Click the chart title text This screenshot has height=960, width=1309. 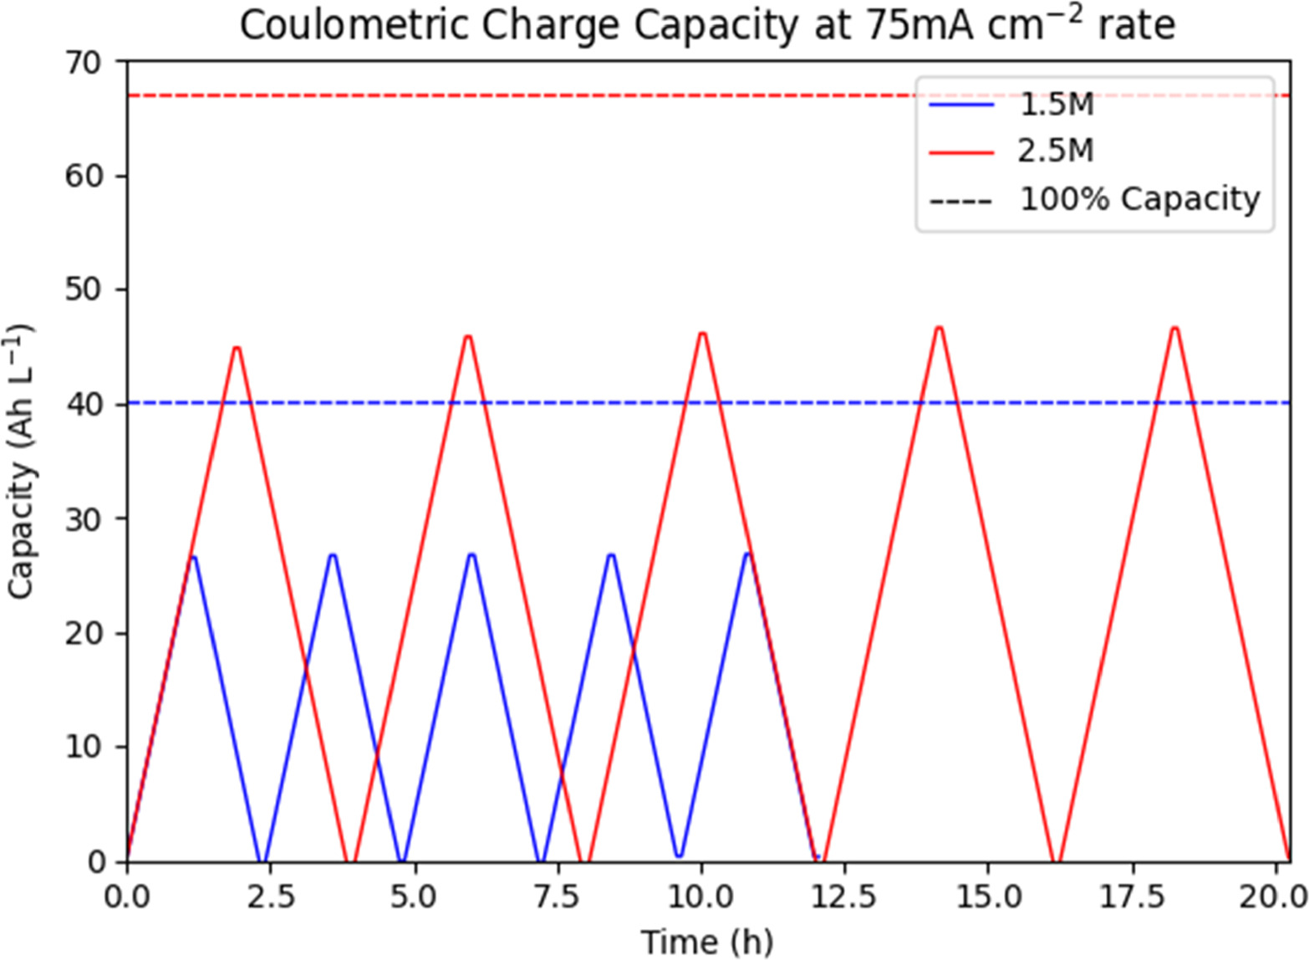(707, 26)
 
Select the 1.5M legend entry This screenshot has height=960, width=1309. (1056, 105)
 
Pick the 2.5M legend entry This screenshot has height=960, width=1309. (1056, 151)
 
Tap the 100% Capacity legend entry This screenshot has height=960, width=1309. (1138, 199)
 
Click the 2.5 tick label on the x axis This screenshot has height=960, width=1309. (270, 897)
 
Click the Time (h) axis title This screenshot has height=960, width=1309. (707, 941)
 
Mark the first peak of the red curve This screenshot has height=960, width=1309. (237, 347)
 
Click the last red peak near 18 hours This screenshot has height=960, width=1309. (1174, 328)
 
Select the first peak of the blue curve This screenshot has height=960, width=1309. (193, 556)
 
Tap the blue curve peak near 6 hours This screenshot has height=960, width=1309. (471, 554)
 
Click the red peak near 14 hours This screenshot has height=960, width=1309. (939, 328)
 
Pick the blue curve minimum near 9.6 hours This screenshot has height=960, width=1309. (679, 855)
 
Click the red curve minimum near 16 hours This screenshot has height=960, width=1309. (1057, 860)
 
